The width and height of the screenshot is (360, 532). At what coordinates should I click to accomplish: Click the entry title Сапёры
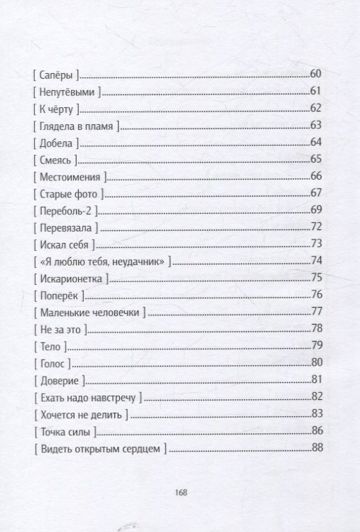(x=55, y=74)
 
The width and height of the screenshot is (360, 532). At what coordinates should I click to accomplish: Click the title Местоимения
(x=69, y=176)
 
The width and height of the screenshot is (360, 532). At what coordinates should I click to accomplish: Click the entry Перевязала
(x=65, y=227)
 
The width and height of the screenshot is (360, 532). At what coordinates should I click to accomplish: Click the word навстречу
(x=110, y=397)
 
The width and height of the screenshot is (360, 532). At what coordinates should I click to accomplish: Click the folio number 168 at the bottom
(x=180, y=491)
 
